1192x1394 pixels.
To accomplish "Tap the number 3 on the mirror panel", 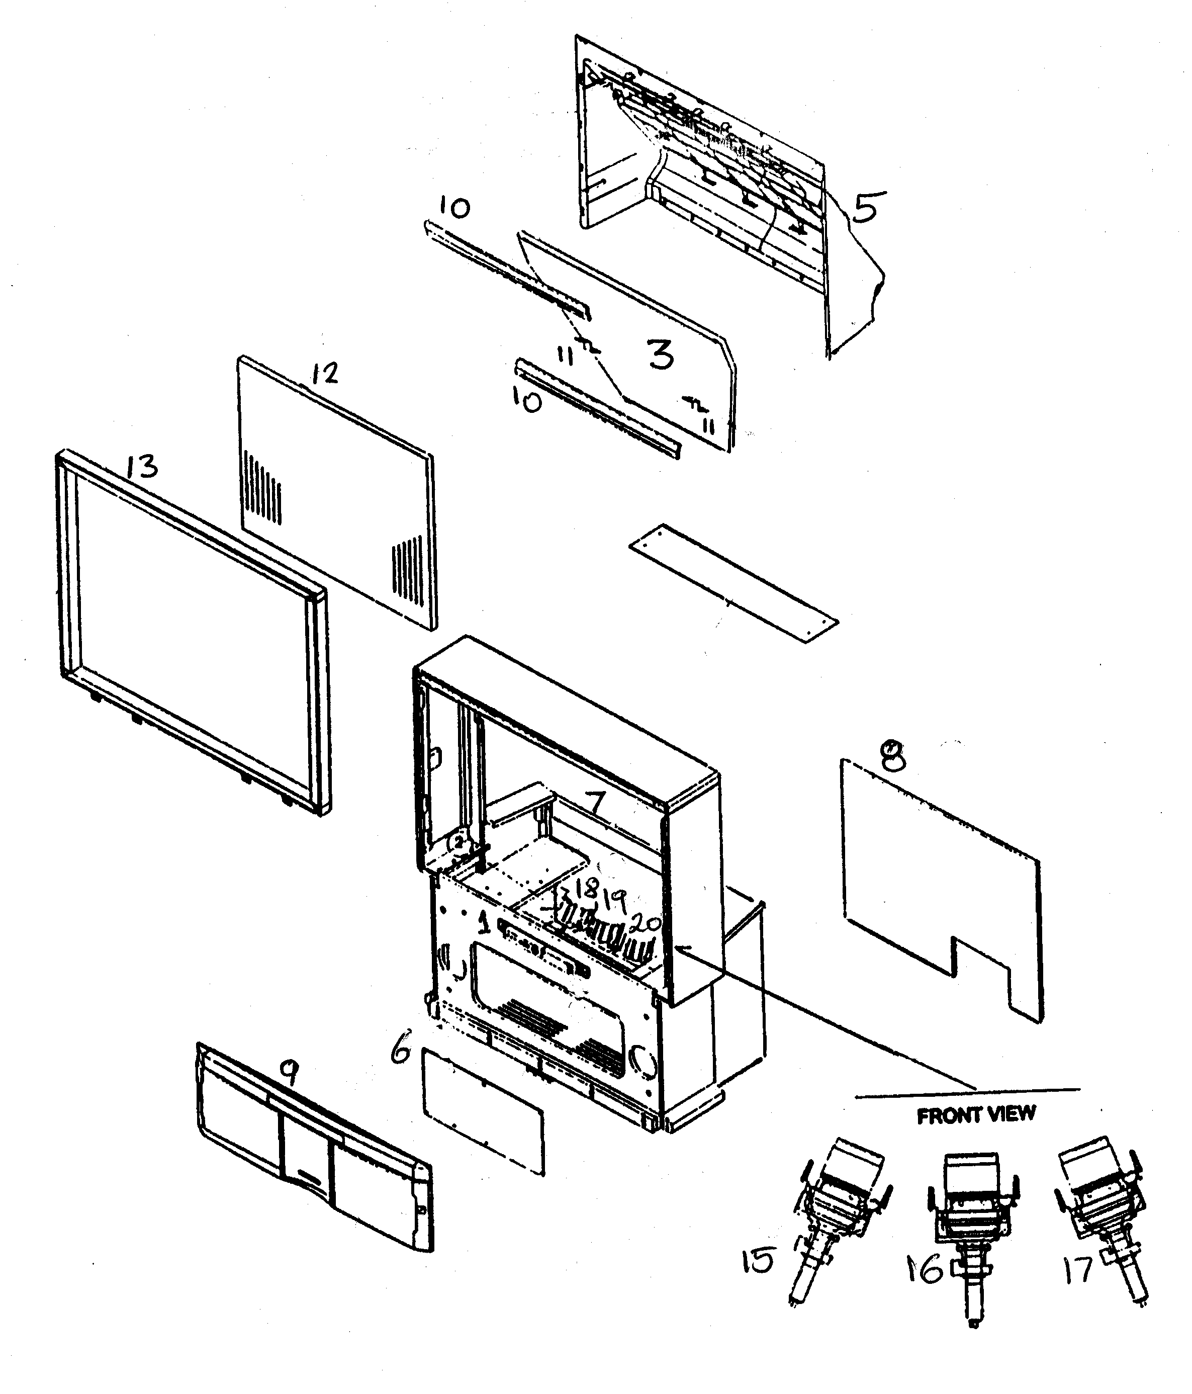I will point(661,355).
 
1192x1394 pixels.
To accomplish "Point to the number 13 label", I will point(142,466).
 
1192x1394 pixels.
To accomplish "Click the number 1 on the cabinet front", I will point(483,924).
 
